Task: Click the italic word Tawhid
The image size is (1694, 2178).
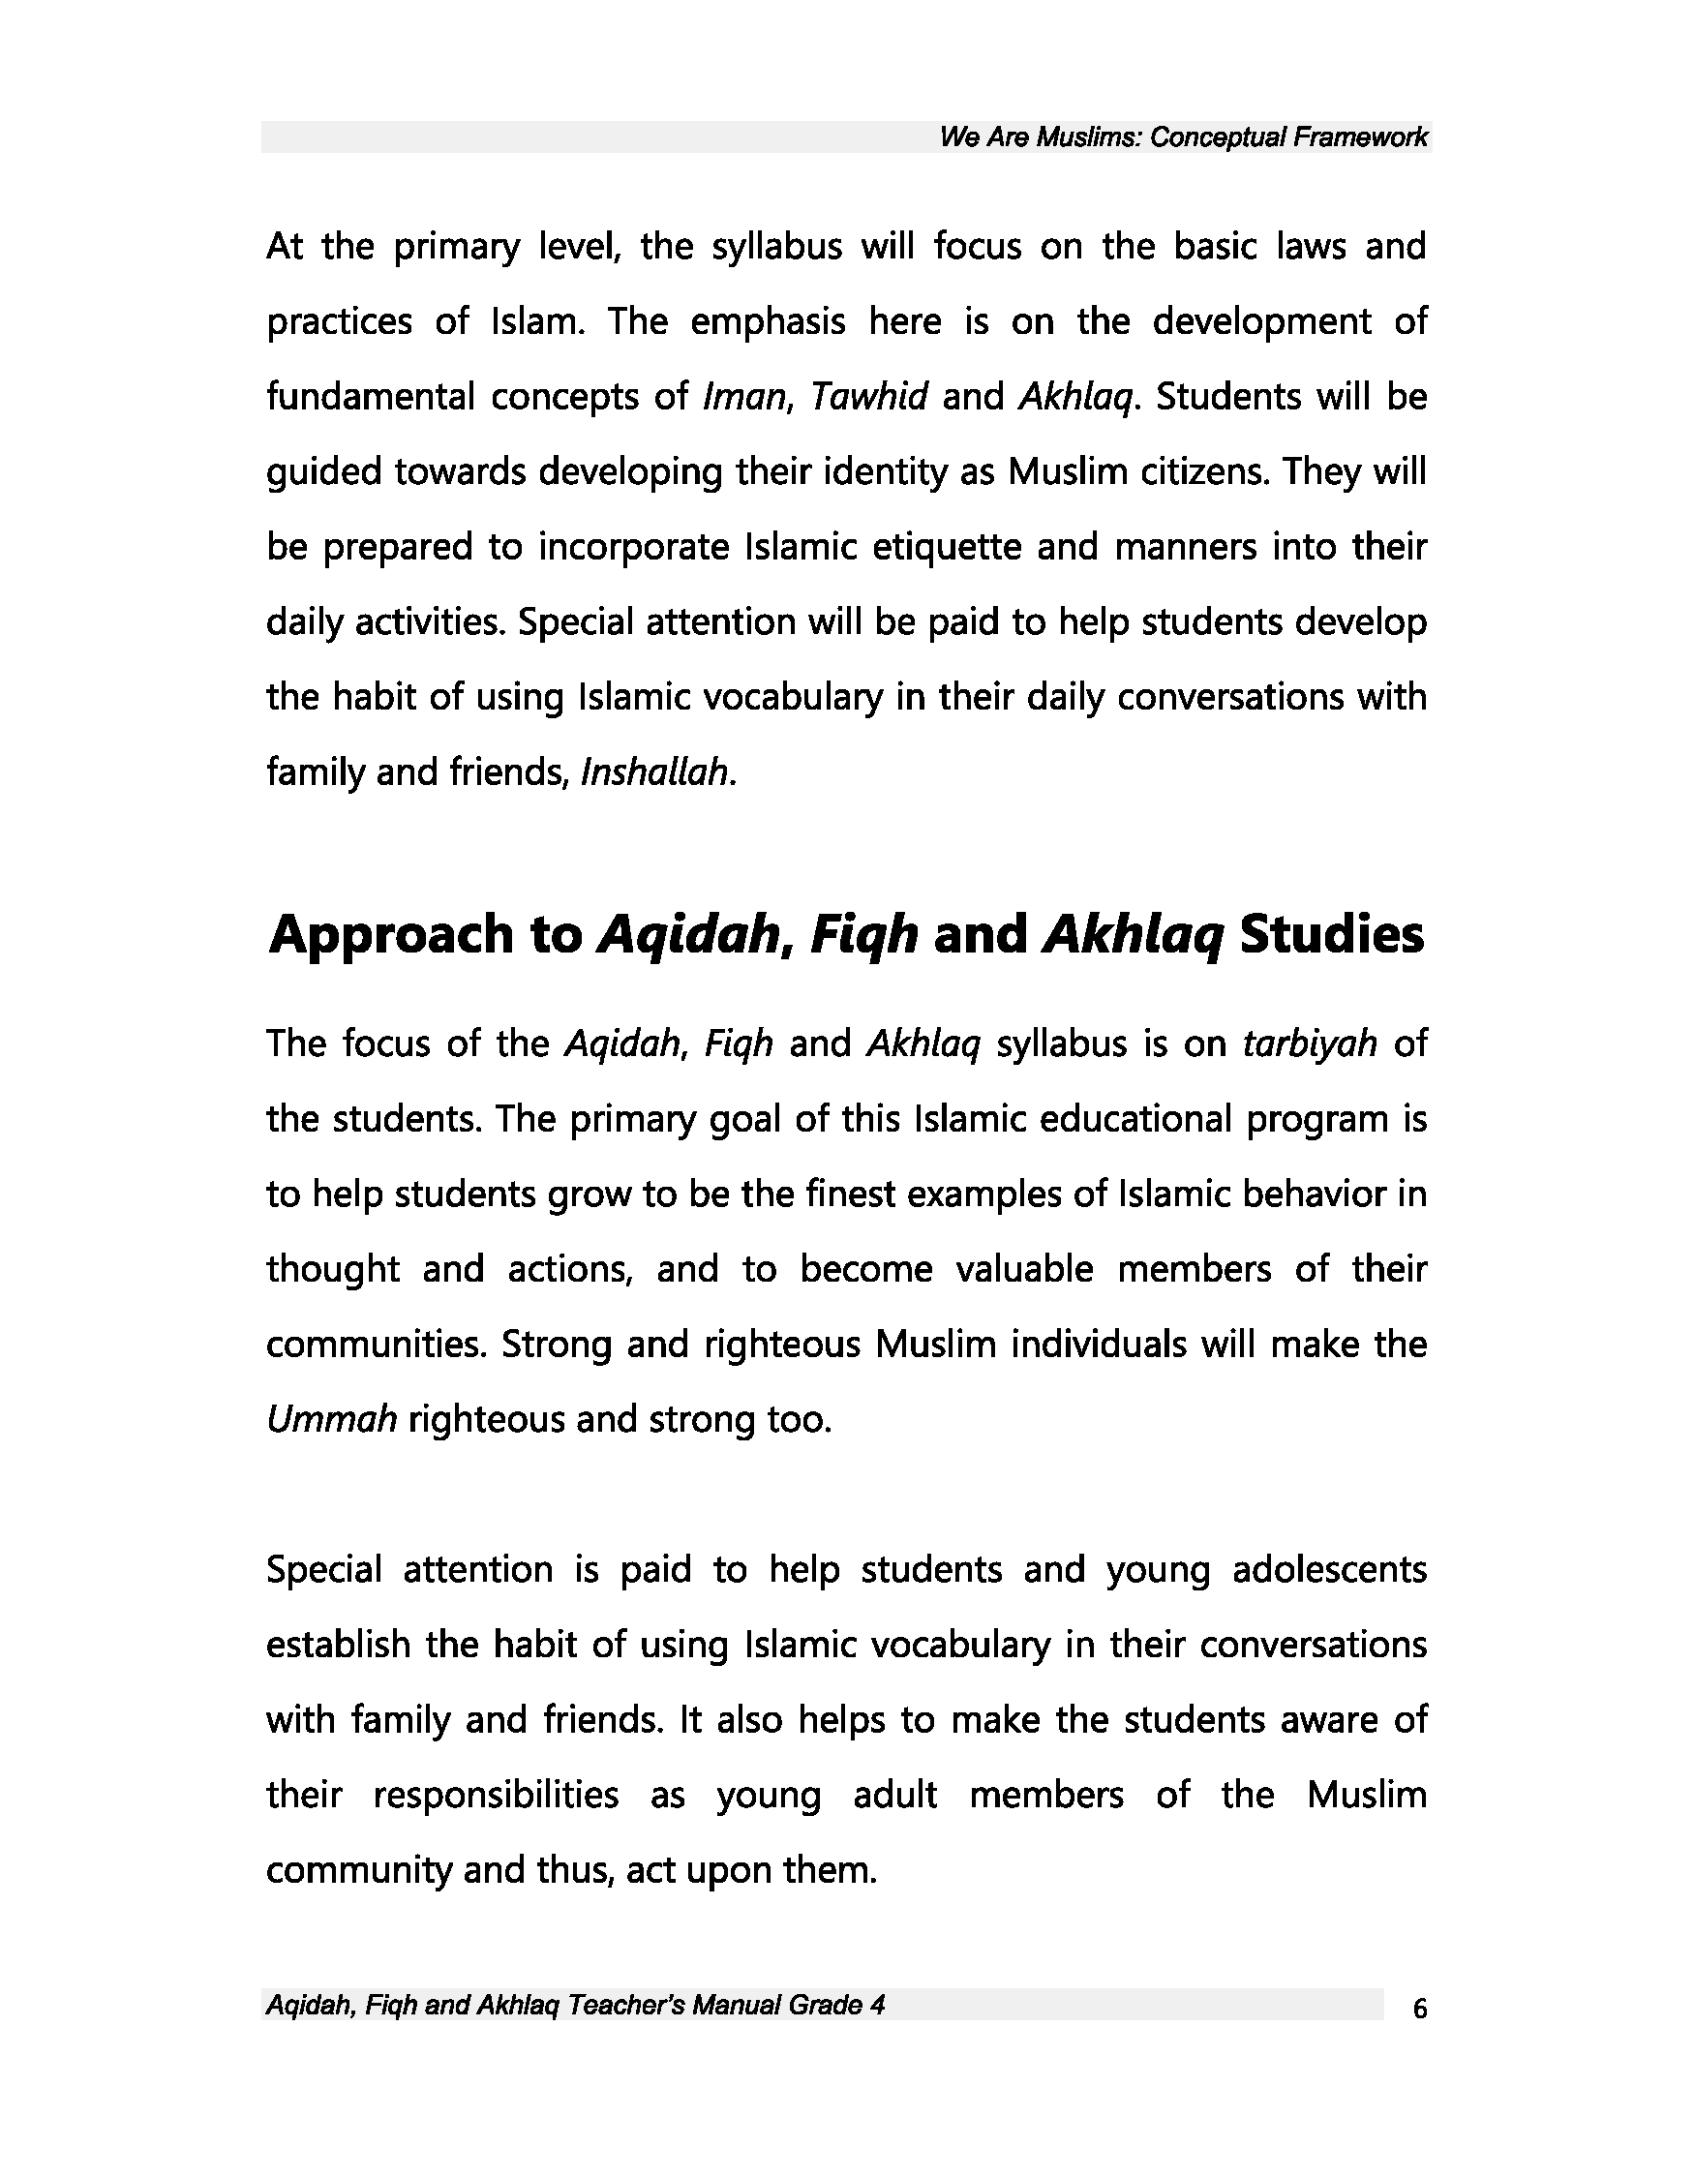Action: coord(867,397)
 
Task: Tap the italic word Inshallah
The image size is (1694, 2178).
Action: coord(656,771)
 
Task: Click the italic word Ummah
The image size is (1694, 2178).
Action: coord(332,1418)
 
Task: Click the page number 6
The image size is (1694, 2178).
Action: coord(1420,2009)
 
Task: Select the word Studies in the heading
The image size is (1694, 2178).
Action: coord(1330,935)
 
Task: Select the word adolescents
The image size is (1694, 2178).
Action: coord(1329,1569)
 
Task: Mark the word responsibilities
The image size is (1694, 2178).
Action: coord(496,1794)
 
